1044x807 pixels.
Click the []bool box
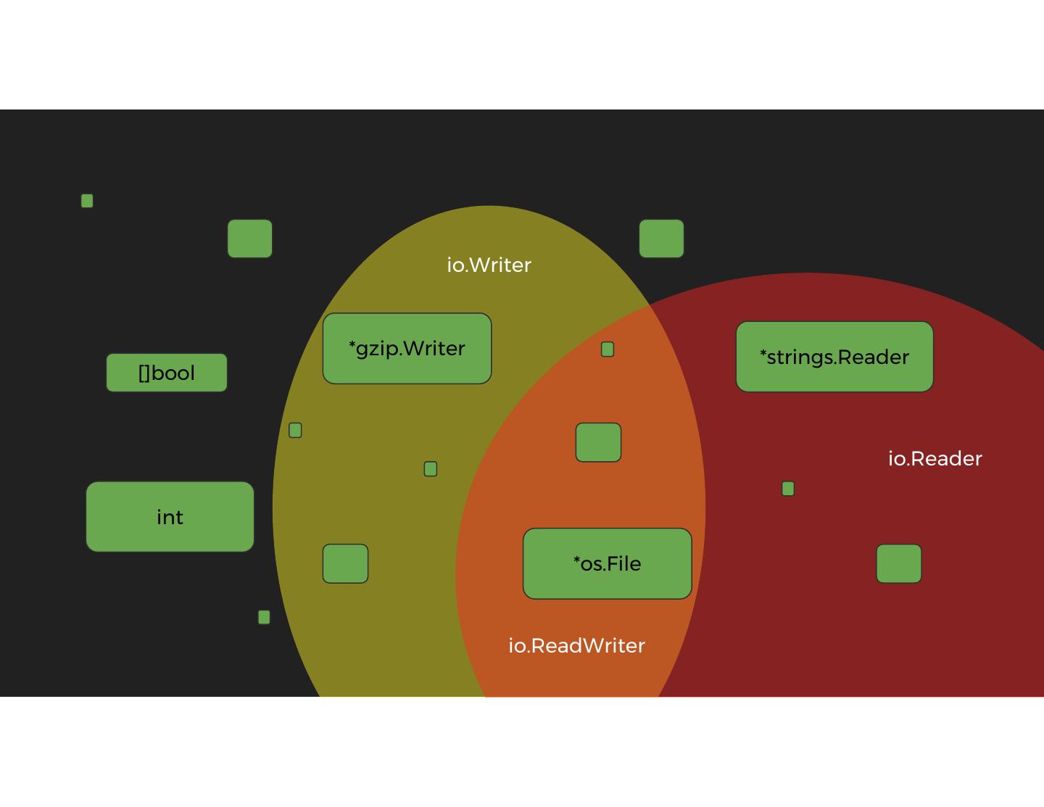[x=167, y=373]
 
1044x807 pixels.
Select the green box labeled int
[x=170, y=517]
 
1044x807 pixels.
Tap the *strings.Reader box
[x=834, y=357]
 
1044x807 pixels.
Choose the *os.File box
[x=608, y=563]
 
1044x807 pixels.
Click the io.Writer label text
[x=489, y=265]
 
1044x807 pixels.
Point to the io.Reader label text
[x=935, y=458]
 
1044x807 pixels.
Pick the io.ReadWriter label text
[x=576, y=645]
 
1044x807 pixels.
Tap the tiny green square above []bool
[x=87, y=201]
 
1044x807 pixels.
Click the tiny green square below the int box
[x=264, y=617]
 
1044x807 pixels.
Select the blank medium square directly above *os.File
[x=598, y=442]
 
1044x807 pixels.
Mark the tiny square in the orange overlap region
[x=608, y=349]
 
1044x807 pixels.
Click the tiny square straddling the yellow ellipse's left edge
[x=295, y=431]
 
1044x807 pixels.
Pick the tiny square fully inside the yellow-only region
[x=431, y=469]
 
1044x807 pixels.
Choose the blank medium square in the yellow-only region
[x=345, y=563]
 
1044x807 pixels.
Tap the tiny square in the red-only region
[x=788, y=489]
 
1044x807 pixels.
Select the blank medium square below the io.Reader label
[x=899, y=563]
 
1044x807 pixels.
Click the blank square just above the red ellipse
[x=661, y=239]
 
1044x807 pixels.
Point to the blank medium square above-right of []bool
[x=250, y=239]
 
